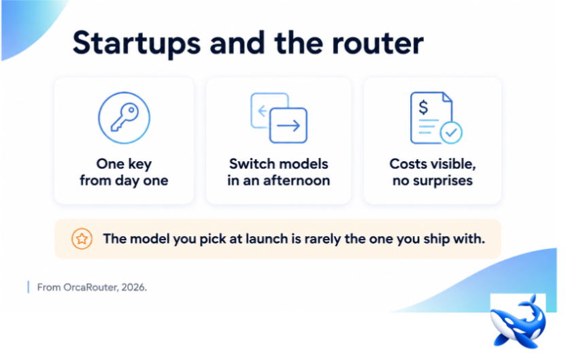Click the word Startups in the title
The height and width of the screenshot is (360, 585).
pos(137,44)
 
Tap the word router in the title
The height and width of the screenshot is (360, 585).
pos(378,44)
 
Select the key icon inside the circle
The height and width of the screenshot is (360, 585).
pos(124,117)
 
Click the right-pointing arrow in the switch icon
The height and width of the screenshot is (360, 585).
pos(288,126)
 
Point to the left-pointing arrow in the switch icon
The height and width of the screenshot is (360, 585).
pos(263,110)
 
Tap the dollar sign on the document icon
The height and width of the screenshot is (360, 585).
pos(424,108)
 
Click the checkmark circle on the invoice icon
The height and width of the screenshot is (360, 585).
pos(451,133)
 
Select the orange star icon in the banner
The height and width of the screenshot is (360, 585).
pos(82,239)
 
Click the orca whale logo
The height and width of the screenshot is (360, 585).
pos(518,322)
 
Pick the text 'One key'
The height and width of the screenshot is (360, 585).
pos(124,164)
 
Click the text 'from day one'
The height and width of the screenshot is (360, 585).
pos(124,180)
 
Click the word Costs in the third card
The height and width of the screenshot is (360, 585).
pos(407,164)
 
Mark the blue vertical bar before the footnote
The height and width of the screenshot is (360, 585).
pos(29,287)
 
